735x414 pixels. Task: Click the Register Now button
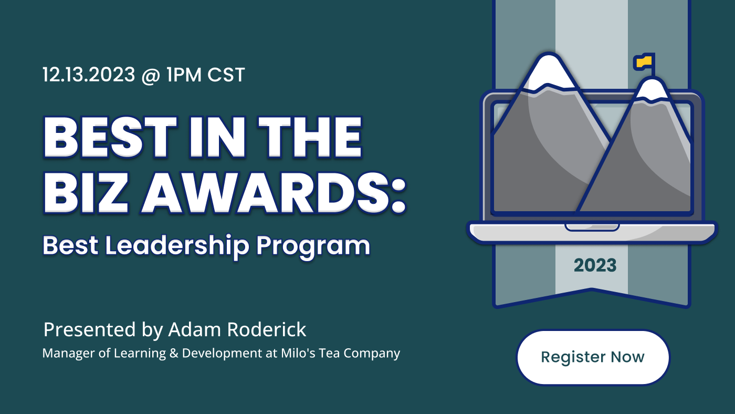[x=593, y=357]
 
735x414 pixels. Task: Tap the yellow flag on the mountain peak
[x=644, y=61]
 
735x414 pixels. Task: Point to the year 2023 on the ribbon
[x=595, y=265]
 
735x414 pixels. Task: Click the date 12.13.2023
[x=89, y=75]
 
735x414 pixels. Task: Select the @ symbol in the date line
[x=151, y=75]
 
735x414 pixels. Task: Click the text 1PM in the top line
[x=184, y=75]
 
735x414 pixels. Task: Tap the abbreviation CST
[x=226, y=75]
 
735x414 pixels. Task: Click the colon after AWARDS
[x=398, y=196]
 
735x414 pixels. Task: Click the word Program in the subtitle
[x=313, y=247]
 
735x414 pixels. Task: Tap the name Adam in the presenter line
[x=194, y=329]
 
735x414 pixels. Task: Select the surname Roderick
[x=267, y=329]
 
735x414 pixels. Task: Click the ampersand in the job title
[x=174, y=353]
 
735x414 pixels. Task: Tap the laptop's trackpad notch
[x=592, y=227]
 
